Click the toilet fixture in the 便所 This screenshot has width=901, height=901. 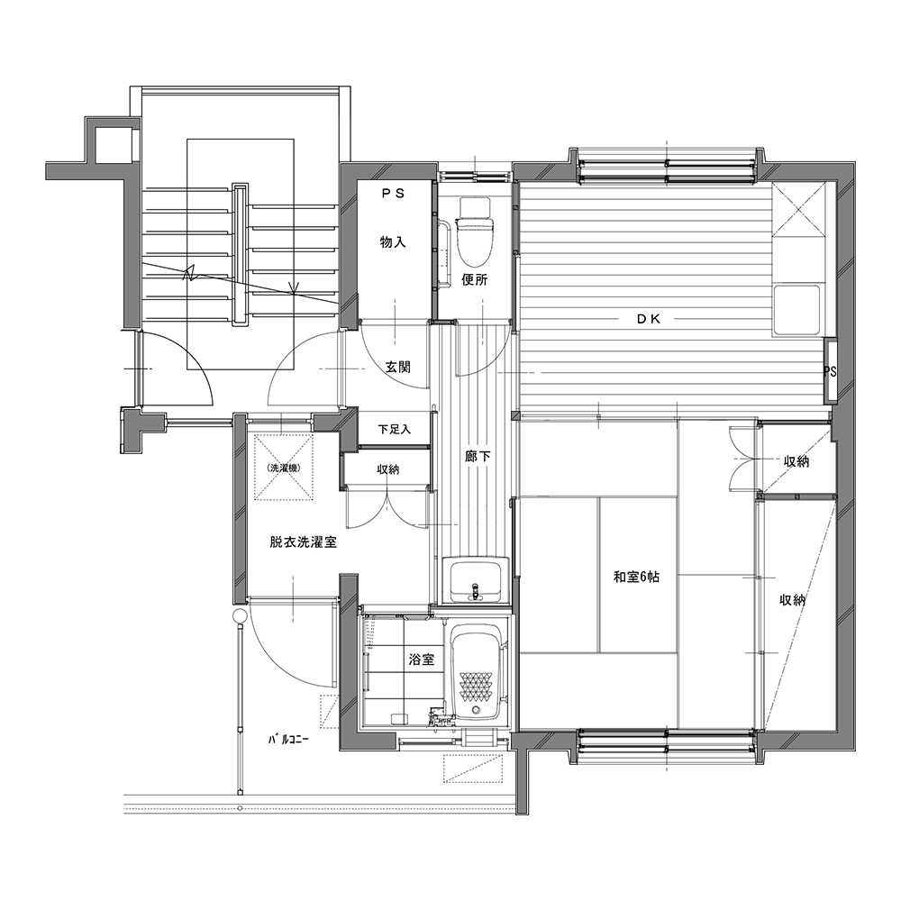click(474, 231)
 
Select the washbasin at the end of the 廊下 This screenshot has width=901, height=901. click(475, 579)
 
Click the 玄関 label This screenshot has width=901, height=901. click(397, 368)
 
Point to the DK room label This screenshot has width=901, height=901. click(649, 320)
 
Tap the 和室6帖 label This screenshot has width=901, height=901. click(636, 577)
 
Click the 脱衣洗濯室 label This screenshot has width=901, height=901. click(303, 542)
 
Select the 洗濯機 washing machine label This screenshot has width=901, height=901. click(284, 469)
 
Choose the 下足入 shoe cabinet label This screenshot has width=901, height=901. click(395, 429)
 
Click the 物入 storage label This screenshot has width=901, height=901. click(393, 242)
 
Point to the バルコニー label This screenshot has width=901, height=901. click(288, 740)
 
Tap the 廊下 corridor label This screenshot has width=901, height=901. click(478, 457)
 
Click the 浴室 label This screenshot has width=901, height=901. click(421, 660)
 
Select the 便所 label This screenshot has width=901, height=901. click(475, 280)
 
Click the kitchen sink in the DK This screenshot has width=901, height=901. click(796, 310)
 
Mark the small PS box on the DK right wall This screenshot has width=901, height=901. click(831, 371)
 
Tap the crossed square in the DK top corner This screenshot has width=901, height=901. click(798, 209)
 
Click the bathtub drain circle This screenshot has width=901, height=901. click(477, 711)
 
